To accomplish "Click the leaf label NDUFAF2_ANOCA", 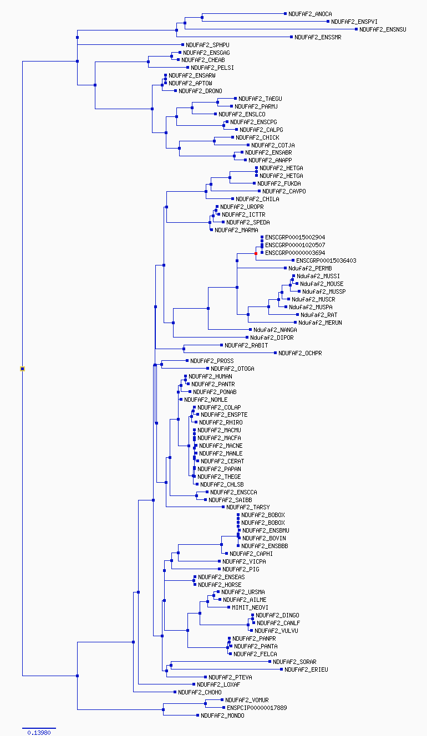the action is click(310, 14).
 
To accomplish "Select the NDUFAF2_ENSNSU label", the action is click(383, 29).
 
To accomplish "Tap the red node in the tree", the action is click(256, 253).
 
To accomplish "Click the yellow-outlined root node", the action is click(22, 369).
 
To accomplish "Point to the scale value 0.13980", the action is click(39, 732).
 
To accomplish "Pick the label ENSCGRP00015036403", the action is click(326, 260).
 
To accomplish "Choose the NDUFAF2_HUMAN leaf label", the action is click(210, 376).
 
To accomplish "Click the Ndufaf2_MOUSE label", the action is click(322, 284).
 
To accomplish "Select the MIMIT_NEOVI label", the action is click(250, 607).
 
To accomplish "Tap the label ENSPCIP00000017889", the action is click(257, 708).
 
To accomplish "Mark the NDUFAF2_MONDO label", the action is click(222, 715).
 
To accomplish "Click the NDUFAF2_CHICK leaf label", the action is click(257, 137).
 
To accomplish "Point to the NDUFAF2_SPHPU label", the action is click(207, 45).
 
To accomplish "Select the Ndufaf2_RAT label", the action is click(319, 315).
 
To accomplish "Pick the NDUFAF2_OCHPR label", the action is click(300, 353).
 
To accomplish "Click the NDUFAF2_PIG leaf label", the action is click(241, 569).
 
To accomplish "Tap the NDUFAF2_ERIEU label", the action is click(306, 669).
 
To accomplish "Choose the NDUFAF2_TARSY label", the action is click(248, 507).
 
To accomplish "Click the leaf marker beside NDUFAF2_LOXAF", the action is click(194, 684).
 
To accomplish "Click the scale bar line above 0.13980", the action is click(39, 728).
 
